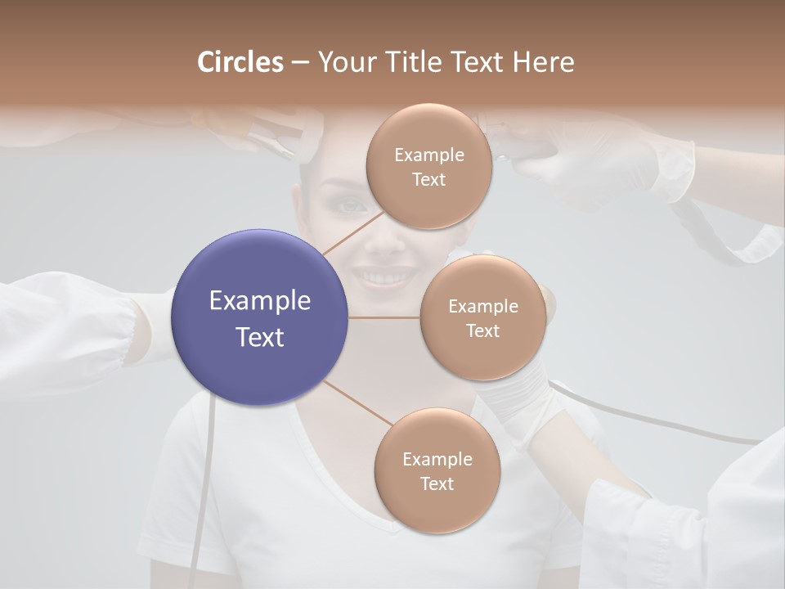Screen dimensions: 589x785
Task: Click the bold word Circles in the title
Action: click(240, 62)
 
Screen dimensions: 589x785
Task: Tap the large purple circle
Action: click(259, 317)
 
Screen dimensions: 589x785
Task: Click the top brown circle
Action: click(428, 166)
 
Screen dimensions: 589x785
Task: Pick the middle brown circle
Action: click(482, 317)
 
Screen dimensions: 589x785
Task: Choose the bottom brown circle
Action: click(437, 470)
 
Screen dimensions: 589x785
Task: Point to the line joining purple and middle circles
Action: click(384, 317)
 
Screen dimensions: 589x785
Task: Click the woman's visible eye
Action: click(352, 205)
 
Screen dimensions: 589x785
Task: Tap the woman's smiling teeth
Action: click(383, 277)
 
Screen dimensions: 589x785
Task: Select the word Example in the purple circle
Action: click(259, 301)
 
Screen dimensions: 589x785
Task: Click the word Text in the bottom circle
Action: click(437, 483)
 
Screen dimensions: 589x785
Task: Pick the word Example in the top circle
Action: click(428, 155)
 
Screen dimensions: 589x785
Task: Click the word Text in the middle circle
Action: click(482, 330)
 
